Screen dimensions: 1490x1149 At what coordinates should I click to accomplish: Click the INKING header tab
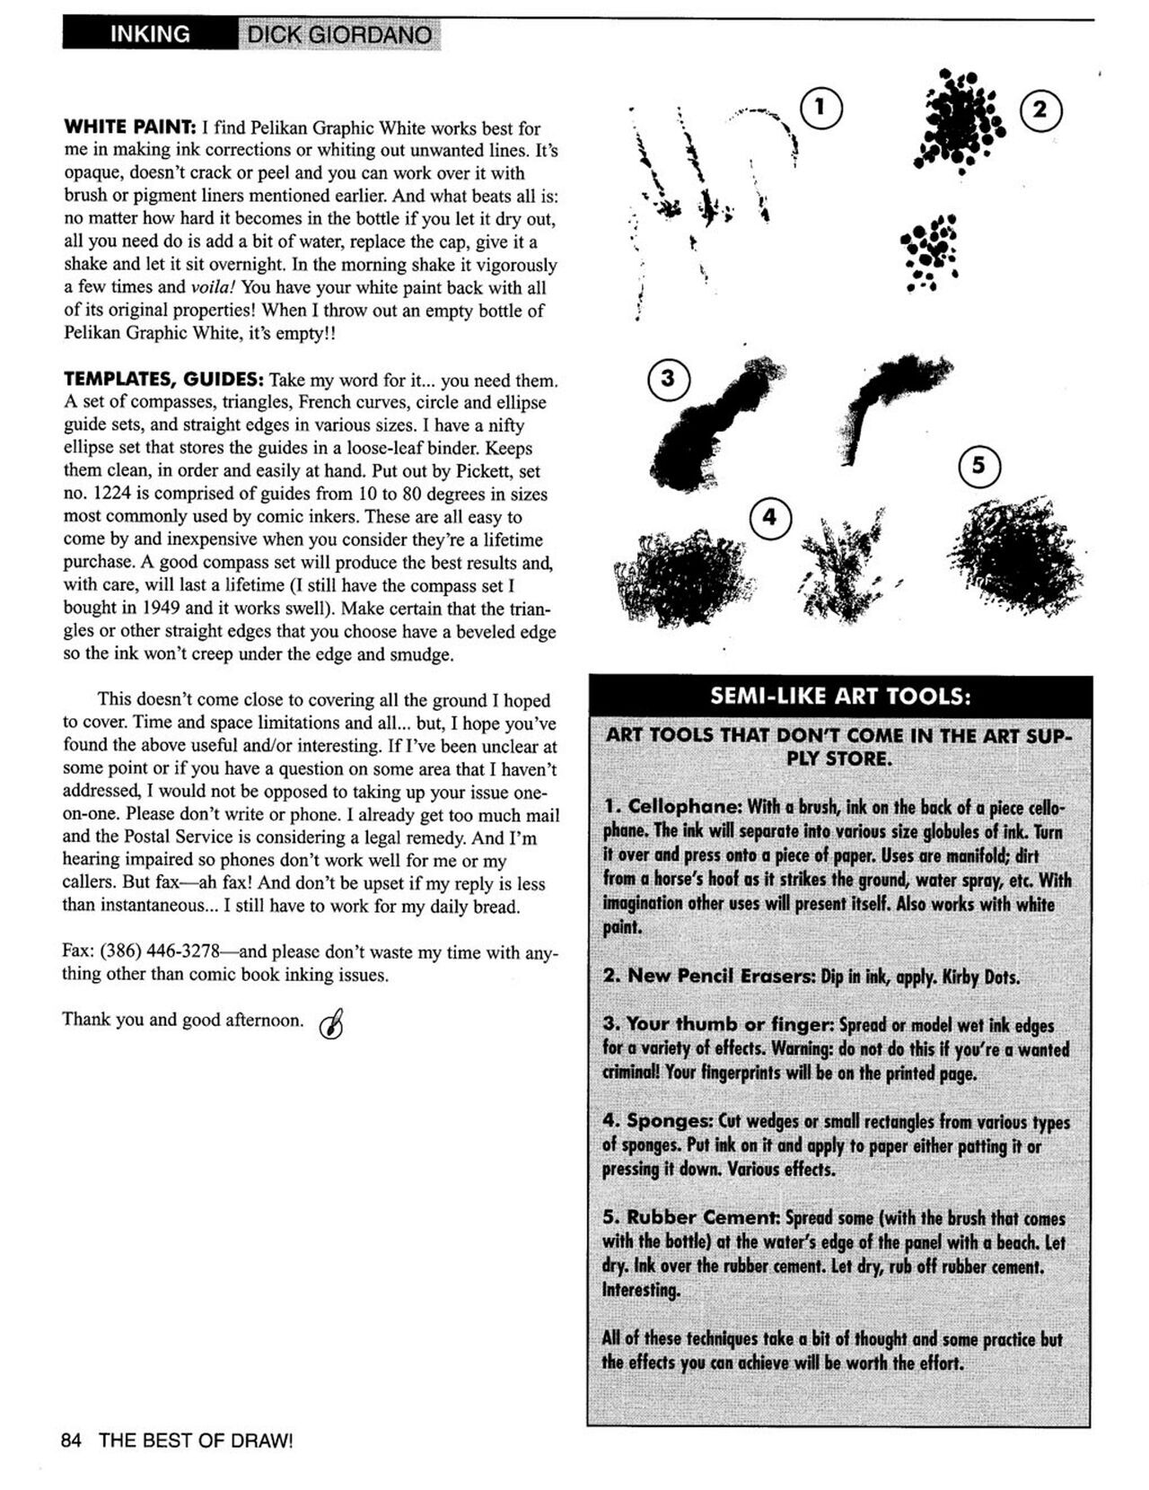(x=149, y=34)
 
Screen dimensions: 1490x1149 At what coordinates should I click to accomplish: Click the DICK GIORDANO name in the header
(x=339, y=36)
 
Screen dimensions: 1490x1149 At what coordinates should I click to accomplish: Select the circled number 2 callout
(x=1040, y=110)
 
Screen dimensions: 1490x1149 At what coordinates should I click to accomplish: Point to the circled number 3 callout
(x=669, y=379)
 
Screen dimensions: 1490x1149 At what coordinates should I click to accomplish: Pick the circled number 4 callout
(x=769, y=518)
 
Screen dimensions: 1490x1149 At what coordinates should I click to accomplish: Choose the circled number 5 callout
(x=979, y=465)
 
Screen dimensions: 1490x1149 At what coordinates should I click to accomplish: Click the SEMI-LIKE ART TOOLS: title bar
(x=839, y=697)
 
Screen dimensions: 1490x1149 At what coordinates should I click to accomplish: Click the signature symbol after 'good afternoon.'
(x=331, y=1022)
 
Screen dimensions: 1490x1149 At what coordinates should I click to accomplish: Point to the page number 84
(x=72, y=1441)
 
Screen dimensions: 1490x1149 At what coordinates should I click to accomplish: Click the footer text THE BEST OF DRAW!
(x=196, y=1441)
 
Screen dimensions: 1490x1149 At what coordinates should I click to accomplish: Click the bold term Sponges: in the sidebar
(x=670, y=1121)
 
